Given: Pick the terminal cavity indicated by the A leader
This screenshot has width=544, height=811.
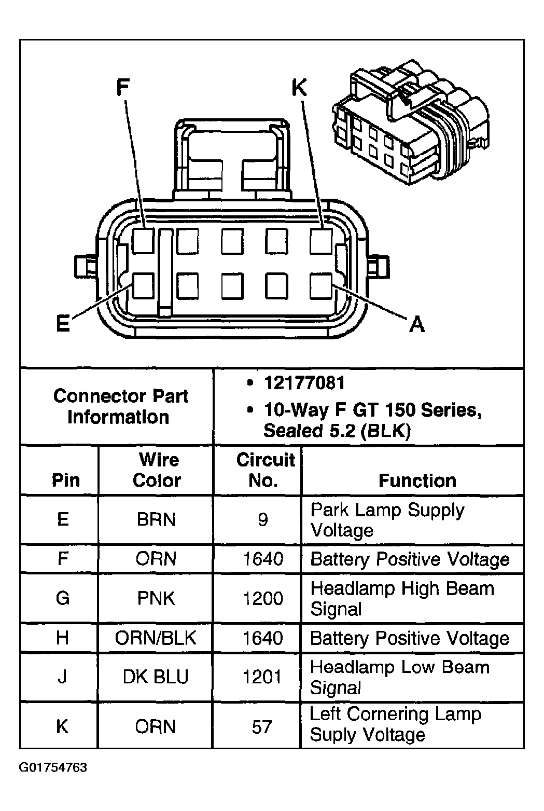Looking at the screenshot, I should coord(321,286).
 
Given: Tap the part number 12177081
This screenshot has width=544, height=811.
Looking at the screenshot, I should coord(304,383).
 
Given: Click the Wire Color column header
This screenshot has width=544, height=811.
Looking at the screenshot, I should coord(157,470).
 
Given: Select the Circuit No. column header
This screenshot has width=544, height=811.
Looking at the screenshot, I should coord(264,470).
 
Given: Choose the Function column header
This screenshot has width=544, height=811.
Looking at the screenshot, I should coord(417,480).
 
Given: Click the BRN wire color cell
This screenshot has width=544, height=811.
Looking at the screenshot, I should coord(156,519).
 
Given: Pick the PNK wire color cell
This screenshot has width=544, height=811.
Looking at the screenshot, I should coord(156,598).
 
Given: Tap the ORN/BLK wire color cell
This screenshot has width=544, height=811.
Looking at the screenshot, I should coord(156,638).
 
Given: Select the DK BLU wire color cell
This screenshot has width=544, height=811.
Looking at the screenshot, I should coord(156,677).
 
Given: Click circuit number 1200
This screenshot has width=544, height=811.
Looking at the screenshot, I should coord(263,598).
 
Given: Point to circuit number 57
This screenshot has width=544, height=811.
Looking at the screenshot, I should coord(262,726).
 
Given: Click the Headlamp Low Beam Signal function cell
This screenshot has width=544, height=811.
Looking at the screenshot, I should coord(399,677).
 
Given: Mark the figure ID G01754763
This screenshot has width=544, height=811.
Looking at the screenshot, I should coord(53,767).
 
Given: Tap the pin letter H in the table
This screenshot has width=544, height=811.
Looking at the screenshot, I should coord(62,638).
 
